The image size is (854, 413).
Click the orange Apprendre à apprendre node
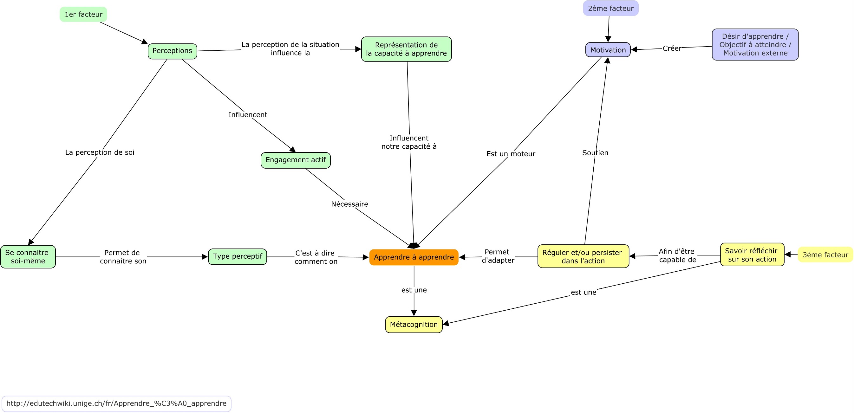pos(414,257)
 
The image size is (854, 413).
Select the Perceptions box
pos(173,51)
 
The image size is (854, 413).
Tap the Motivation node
pos(608,50)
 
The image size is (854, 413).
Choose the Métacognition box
pos(414,325)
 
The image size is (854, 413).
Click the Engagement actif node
pos(296,160)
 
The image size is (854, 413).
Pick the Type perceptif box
pos(238,257)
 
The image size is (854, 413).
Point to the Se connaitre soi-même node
pos(28,257)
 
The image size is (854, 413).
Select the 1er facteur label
pos(83,14)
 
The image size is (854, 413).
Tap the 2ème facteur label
pos(611,8)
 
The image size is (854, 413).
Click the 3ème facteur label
pos(825,255)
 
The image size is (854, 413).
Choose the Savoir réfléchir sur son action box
pos(752,255)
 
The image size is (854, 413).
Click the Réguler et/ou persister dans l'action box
pos(583,256)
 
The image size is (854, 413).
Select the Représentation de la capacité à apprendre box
pos(407,49)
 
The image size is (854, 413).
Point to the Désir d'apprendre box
pos(755,45)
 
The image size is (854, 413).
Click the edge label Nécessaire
pos(349,204)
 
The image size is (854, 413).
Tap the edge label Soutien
pos(596,153)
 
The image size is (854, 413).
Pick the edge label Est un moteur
pos(511,154)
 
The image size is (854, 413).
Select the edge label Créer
pos(672,48)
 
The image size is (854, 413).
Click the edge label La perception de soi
pos(100,152)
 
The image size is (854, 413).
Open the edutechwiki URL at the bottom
pos(116,403)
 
